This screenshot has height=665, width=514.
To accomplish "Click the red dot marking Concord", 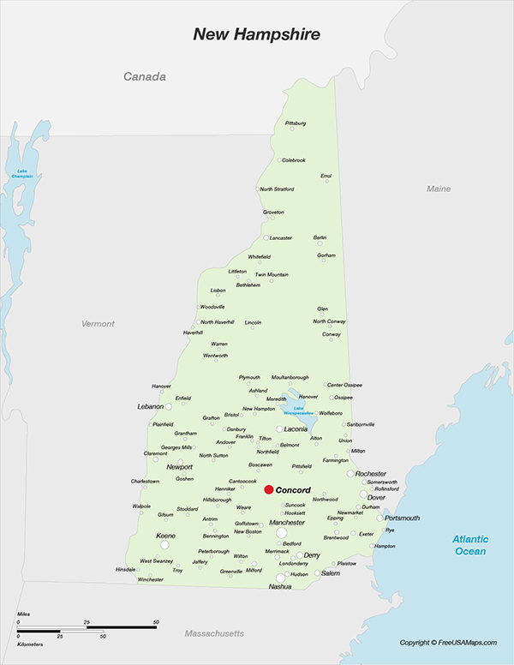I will point(268,489).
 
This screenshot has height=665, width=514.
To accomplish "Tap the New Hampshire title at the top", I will point(256,34).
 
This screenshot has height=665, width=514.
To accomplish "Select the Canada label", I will point(144,77).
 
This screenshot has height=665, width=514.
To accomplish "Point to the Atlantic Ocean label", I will point(470,545).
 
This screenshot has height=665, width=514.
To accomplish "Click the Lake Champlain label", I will point(23,174).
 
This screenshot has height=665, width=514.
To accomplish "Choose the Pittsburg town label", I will point(295,123).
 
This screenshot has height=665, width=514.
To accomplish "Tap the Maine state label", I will point(439,189).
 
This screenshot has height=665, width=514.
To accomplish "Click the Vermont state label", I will point(98,324).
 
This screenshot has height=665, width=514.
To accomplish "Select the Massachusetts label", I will point(214,633).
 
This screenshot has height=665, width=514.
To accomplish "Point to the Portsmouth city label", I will point(403,518).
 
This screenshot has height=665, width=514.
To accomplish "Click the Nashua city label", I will point(280,586).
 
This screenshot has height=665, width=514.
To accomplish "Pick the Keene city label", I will point(165,536).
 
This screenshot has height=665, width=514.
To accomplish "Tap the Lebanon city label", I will point(150,406).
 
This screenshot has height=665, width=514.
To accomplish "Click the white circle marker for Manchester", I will point(281,533).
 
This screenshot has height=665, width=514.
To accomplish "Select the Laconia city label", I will point(296,428).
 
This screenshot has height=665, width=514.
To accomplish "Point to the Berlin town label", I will point(320,237).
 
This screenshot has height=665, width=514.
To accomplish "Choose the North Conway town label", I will point(329,321).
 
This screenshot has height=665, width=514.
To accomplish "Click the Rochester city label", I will point(371,473).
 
